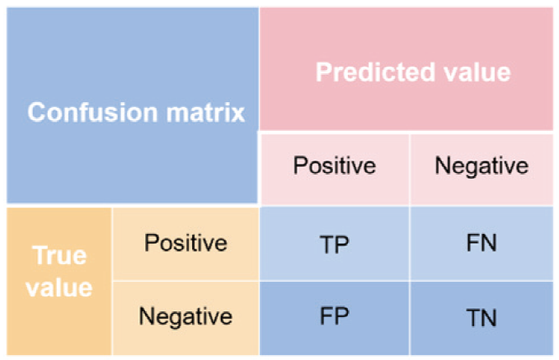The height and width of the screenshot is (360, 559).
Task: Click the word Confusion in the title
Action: coord(92,113)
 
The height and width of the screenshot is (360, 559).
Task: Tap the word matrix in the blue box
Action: coord(205,113)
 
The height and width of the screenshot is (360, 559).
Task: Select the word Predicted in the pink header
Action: coord(375,72)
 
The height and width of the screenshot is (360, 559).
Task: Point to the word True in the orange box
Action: coord(59,255)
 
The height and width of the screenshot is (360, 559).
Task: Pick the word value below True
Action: coord(59,288)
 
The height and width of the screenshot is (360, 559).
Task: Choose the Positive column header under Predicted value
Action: coord(335,166)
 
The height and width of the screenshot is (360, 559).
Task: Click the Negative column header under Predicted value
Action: coord(481,166)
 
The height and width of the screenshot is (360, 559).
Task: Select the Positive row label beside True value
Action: coord(186,243)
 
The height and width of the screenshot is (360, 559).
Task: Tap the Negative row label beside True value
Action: coord(186,316)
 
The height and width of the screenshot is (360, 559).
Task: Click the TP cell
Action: coord(334,245)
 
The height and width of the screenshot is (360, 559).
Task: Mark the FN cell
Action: coord(481,243)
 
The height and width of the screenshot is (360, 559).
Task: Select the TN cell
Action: coord(481,318)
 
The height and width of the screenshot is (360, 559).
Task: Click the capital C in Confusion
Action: coord(37,113)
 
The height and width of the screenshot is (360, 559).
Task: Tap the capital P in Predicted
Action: coord(324,72)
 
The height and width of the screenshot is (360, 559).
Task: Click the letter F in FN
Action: coord(472,243)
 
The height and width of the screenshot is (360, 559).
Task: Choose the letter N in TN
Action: coord(489,318)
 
